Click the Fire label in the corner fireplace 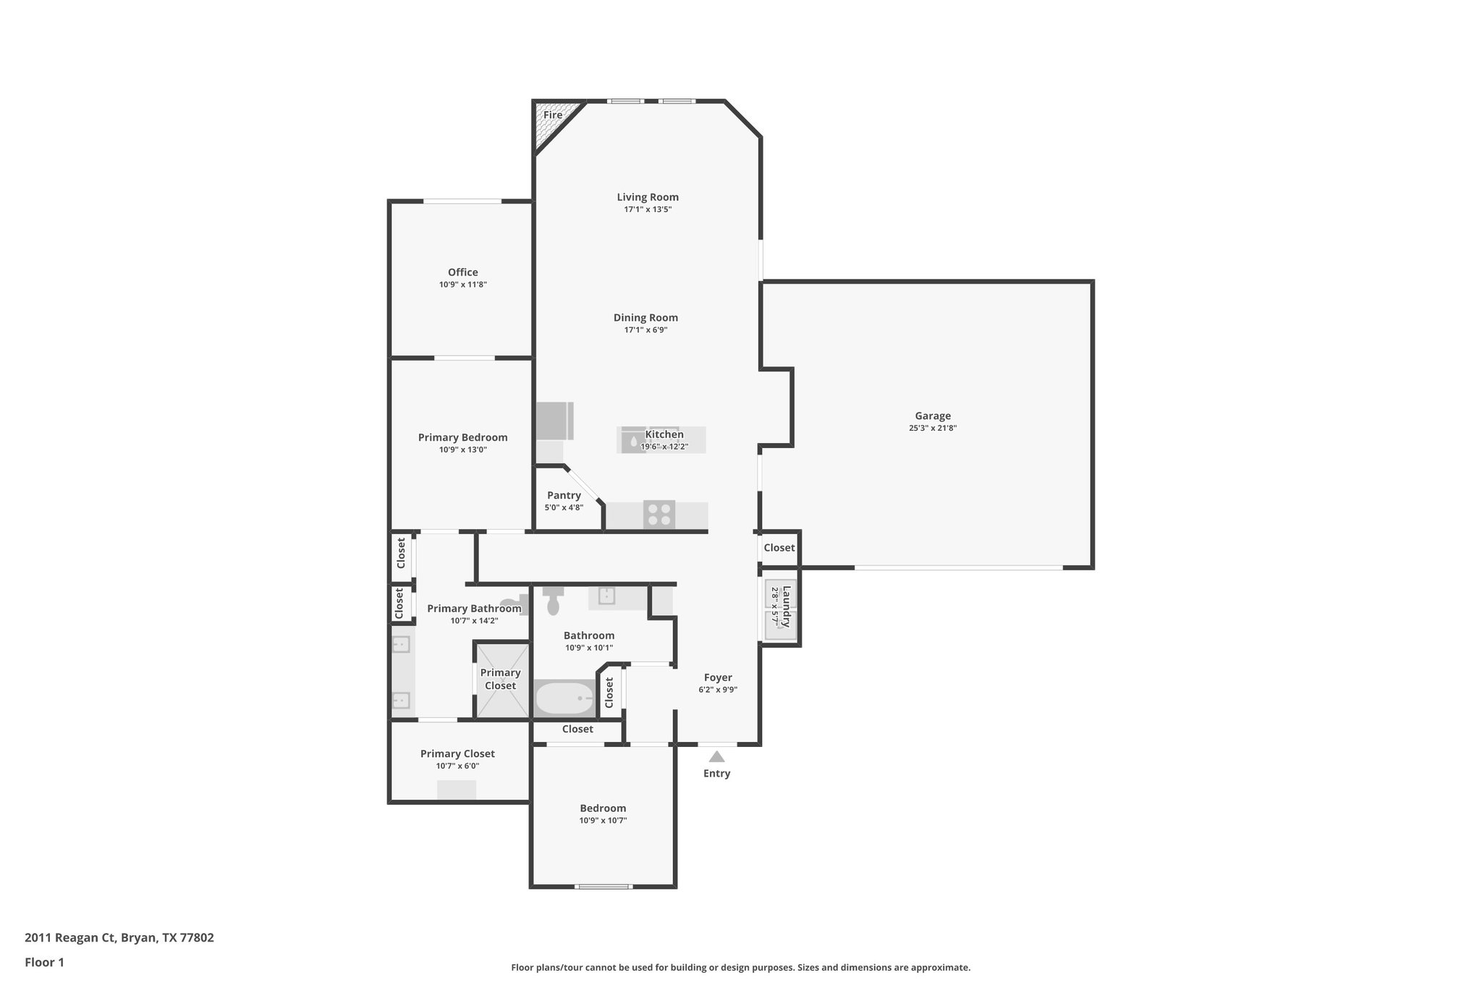click(x=552, y=115)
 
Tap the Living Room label click(x=648, y=197)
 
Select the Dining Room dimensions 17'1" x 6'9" click(x=645, y=330)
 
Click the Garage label click(x=933, y=416)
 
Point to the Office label click(x=462, y=272)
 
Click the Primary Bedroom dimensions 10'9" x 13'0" click(x=462, y=449)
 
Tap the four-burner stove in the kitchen click(x=659, y=515)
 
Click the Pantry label click(x=564, y=495)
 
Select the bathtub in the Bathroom click(x=564, y=699)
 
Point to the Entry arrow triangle click(x=716, y=757)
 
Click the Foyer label click(x=718, y=677)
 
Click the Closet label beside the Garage click(x=779, y=548)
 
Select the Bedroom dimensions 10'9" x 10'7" click(x=603, y=821)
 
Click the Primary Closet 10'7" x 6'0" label click(x=457, y=753)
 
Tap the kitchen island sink click(x=634, y=440)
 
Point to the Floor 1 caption click(x=44, y=963)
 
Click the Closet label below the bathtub click(x=577, y=729)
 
